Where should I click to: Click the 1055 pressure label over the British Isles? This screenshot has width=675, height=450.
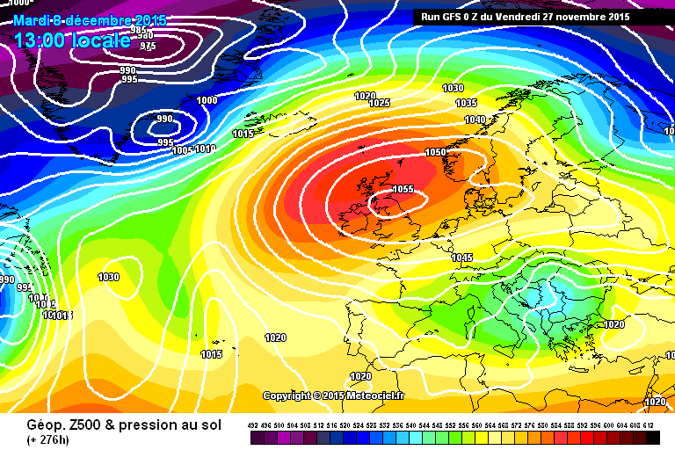(x=403, y=189)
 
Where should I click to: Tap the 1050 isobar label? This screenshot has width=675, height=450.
(x=436, y=152)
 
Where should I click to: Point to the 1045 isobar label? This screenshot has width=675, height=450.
(x=462, y=258)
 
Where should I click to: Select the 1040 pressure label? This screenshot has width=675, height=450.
(x=475, y=120)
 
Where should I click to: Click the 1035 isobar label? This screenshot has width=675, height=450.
(x=466, y=104)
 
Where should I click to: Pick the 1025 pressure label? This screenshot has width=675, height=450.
(x=380, y=103)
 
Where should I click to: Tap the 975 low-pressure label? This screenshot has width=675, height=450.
(x=148, y=46)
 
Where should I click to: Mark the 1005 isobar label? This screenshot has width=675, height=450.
(x=183, y=151)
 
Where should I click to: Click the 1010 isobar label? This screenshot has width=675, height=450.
(x=205, y=149)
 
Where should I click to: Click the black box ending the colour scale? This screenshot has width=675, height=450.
(x=652, y=438)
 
